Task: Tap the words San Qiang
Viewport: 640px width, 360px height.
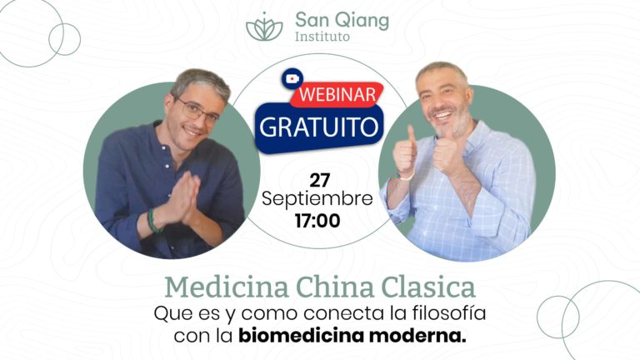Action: click(x=342, y=19)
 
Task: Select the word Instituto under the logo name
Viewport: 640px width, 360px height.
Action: click(x=322, y=37)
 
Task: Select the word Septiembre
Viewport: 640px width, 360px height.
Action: click(x=317, y=200)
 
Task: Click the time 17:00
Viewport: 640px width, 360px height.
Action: click(x=317, y=221)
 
